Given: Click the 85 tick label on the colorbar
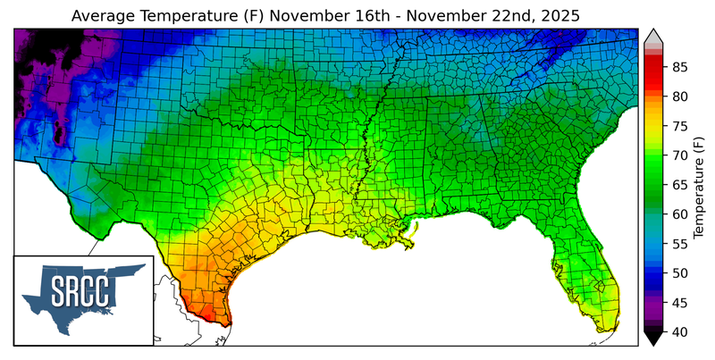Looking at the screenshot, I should click(679, 67).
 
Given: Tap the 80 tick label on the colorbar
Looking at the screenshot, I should click(679, 96).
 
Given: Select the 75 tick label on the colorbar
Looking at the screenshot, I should click(679, 126).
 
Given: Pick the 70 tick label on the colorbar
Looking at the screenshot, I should click(679, 155).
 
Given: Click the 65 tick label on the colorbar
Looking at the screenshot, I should click(679, 185).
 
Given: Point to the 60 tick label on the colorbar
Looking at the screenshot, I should click(679, 214).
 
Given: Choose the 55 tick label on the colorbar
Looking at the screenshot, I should click(679, 244).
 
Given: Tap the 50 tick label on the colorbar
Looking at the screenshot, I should click(679, 273).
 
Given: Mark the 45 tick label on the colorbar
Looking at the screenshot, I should click(679, 303).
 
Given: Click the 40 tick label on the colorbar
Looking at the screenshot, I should click(679, 332).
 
